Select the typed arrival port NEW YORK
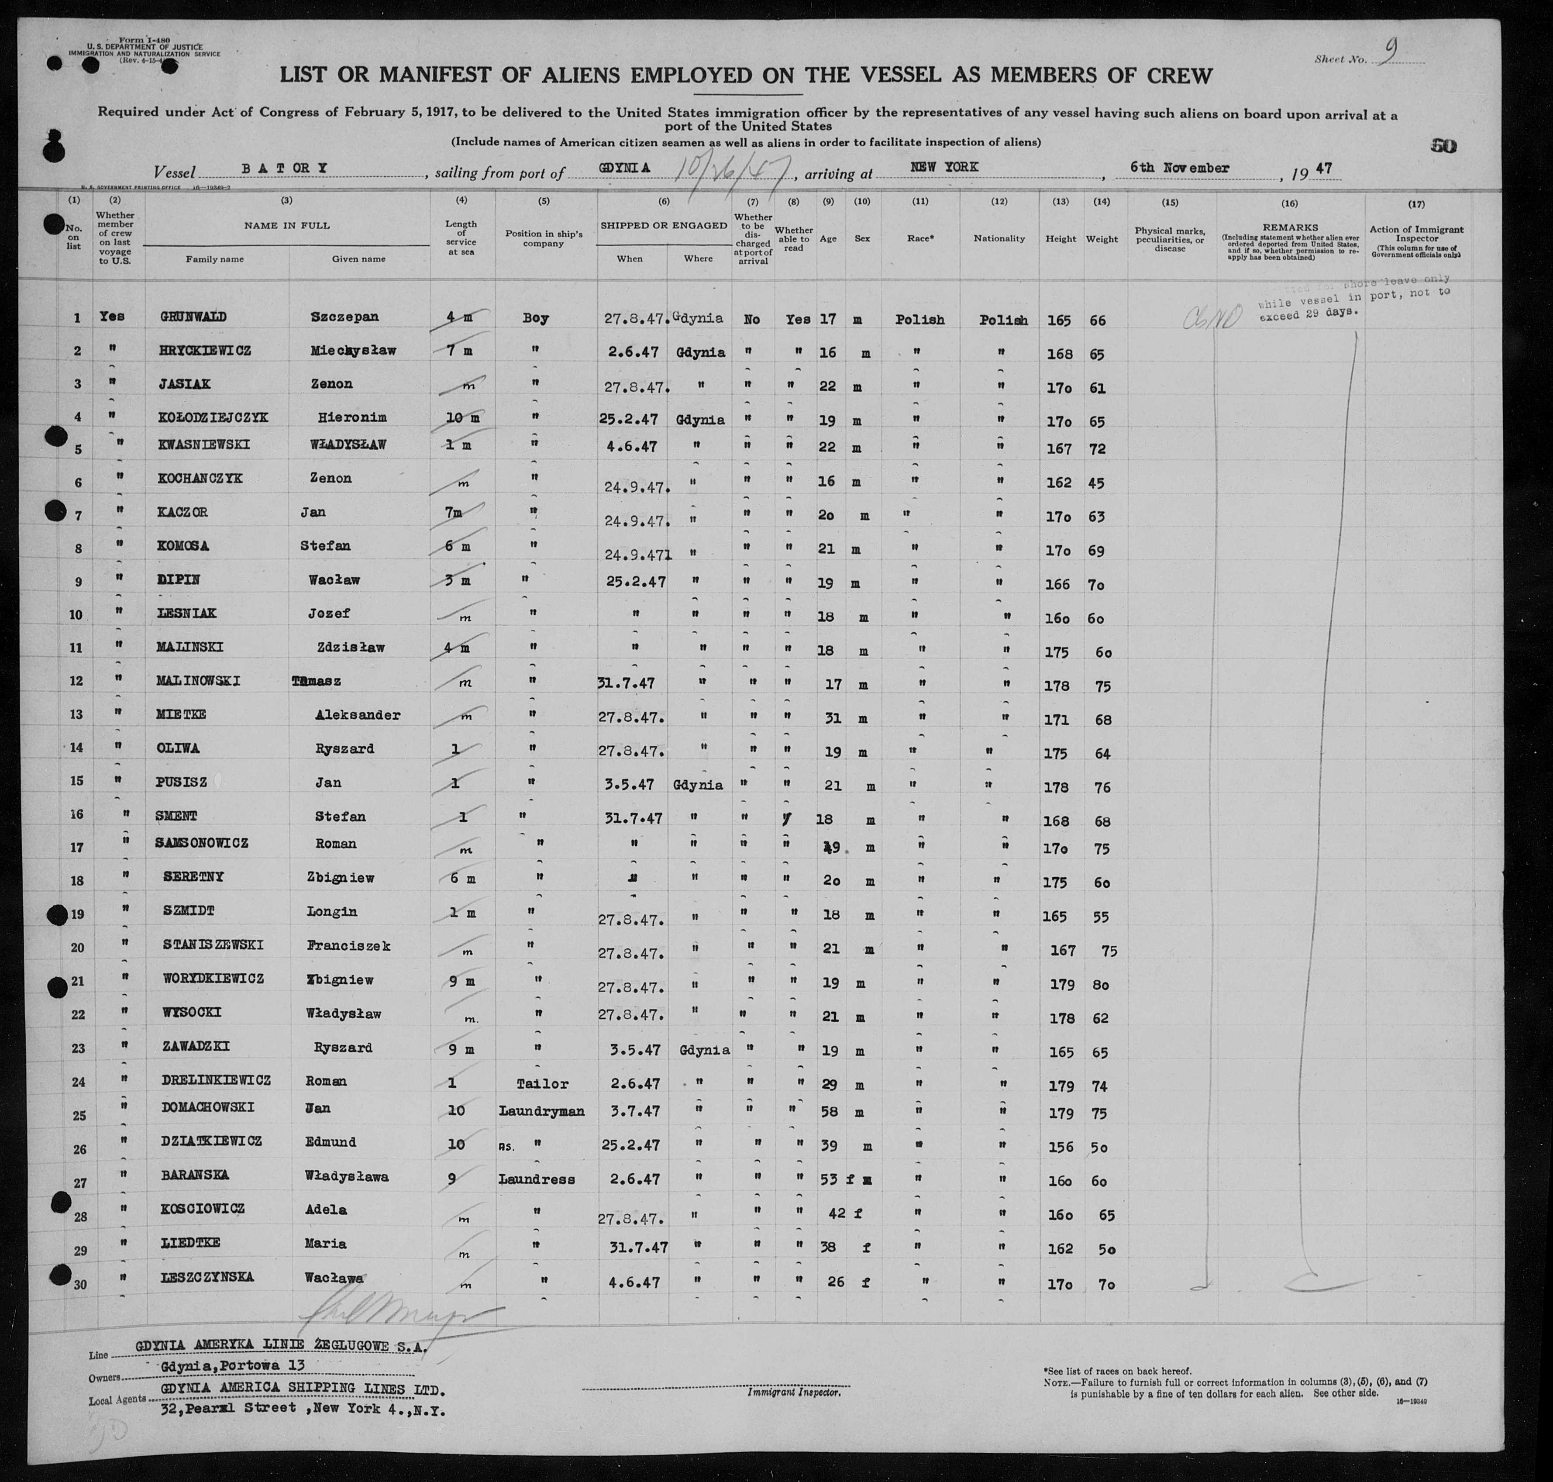(x=944, y=168)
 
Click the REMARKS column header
(x=1291, y=227)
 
